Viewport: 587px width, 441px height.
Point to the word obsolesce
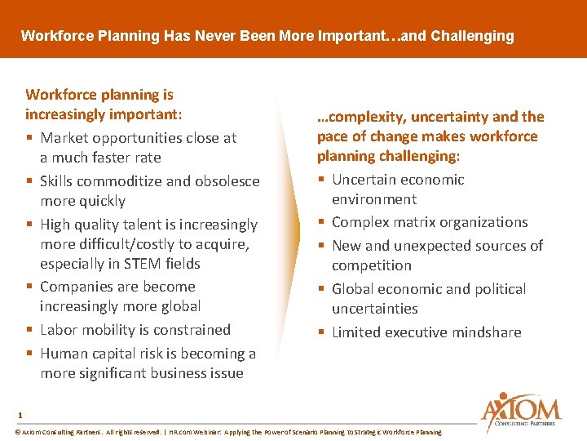click(x=226, y=181)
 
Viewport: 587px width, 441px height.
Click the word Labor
click(x=60, y=330)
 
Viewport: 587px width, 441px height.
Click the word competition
click(x=371, y=265)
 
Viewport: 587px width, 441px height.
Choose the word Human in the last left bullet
click(x=64, y=354)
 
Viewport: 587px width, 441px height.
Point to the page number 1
click(x=20, y=414)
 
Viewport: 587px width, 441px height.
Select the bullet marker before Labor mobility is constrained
click(x=29, y=330)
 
